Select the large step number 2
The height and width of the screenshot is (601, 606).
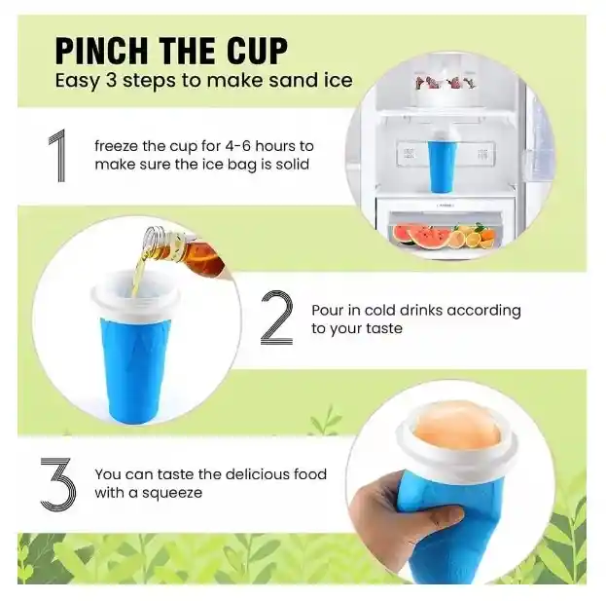pyautogui.click(x=276, y=319)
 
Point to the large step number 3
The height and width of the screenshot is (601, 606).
pyautogui.click(x=57, y=482)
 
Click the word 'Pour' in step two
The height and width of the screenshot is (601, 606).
pyautogui.click(x=327, y=311)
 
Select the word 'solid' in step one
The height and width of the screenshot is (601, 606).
pyautogui.click(x=289, y=164)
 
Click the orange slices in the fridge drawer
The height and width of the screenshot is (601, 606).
pyautogui.click(x=476, y=237)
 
